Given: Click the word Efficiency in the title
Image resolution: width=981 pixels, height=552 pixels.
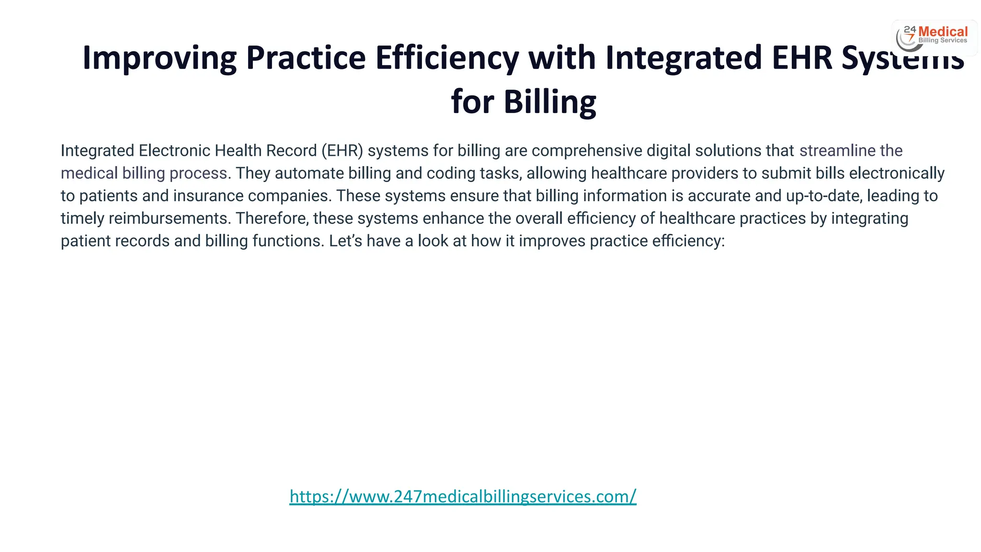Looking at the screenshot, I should point(447,58).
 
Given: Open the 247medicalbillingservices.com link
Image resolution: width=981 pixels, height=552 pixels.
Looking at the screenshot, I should point(463,496).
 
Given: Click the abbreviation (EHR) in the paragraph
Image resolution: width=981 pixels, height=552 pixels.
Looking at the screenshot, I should point(342,151).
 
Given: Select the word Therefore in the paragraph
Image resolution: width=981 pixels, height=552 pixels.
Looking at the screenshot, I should point(272,218).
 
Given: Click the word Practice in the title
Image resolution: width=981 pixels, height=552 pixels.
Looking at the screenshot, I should point(306,58).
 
